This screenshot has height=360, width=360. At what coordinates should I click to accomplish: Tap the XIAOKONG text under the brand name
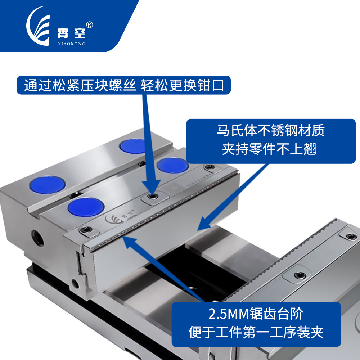[72, 44]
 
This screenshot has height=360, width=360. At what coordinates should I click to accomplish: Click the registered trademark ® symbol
[89, 25]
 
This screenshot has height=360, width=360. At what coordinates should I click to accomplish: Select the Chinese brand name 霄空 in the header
[71, 33]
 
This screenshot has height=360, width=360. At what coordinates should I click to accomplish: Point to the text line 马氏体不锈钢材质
[271, 130]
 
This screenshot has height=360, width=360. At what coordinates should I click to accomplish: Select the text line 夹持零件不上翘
[269, 149]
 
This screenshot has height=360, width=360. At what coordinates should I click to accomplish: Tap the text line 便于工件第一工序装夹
[256, 332]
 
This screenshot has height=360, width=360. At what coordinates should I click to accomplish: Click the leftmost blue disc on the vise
[48, 185]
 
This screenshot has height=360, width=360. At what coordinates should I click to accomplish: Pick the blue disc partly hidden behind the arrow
[133, 146]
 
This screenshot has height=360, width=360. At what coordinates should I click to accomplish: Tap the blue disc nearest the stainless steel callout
[172, 165]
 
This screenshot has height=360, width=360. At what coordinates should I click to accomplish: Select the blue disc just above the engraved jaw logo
[86, 207]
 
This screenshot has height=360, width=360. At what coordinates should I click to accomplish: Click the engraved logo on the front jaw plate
[120, 217]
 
